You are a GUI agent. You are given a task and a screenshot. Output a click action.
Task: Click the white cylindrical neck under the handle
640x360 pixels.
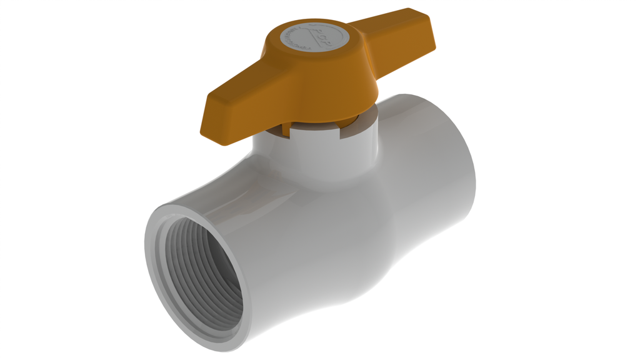coord(312,156)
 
